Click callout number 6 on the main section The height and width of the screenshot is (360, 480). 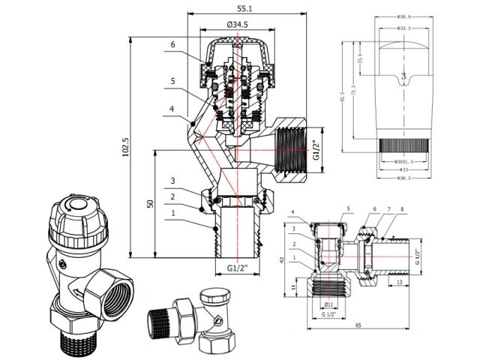[172, 46]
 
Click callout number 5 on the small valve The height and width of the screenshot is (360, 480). [348, 208]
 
